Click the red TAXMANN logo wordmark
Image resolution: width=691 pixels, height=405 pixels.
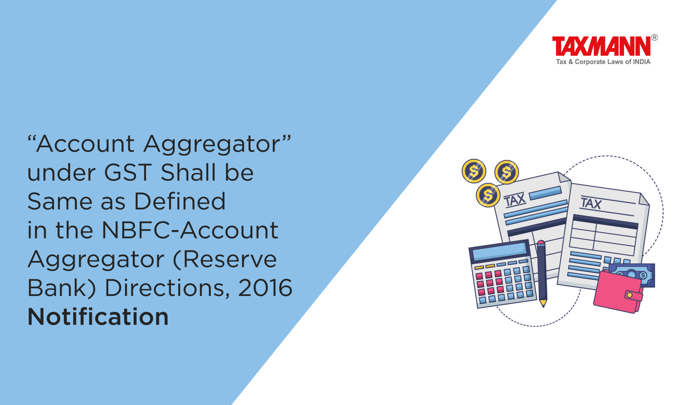[601, 46]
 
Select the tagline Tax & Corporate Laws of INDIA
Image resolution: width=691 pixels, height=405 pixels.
[603, 62]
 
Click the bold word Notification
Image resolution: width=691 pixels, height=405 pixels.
[98, 317]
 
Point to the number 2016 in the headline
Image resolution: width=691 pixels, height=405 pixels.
[265, 288]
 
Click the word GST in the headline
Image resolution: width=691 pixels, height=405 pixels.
[128, 172]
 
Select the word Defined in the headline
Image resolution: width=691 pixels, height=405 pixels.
[179, 201]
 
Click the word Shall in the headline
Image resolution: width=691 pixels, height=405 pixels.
[188, 172]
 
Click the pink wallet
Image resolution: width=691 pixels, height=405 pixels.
[618, 291]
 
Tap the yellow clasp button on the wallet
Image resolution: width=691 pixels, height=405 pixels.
[629, 295]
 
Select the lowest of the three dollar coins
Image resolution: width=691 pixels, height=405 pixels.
[488, 195]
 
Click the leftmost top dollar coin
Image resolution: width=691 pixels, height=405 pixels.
[474, 171]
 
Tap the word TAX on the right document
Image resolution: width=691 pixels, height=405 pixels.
[591, 203]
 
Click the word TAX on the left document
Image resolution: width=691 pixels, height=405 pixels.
[515, 199]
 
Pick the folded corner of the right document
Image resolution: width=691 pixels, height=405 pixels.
[644, 199]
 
